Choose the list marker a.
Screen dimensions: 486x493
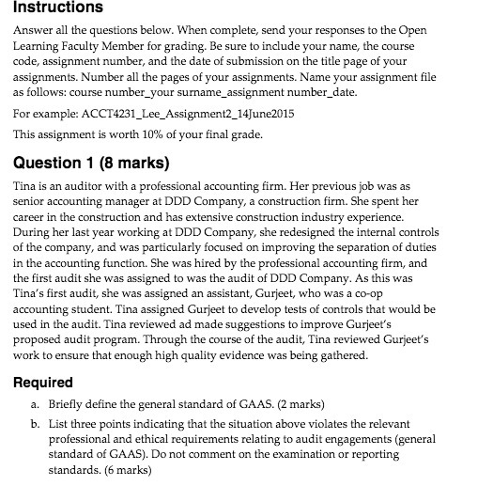click(x=31, y=404)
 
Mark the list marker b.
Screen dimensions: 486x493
click(x=31, y=424)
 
